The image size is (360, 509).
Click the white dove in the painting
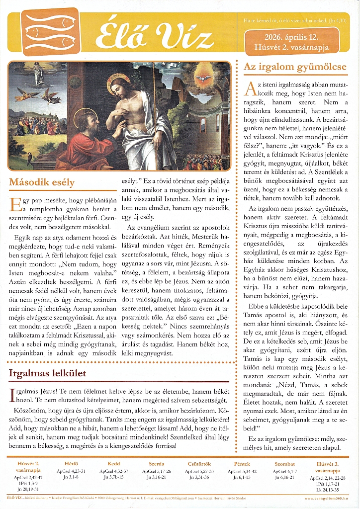click(202, 79)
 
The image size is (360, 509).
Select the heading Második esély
click(41, 182)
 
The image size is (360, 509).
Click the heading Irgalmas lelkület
click(47, 373)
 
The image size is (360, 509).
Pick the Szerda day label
click(157, 464)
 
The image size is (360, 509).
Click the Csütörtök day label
click(198, 464)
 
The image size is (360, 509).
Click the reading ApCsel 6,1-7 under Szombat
click(285, 471)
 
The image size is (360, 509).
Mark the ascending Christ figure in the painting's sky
click(39, 73)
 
